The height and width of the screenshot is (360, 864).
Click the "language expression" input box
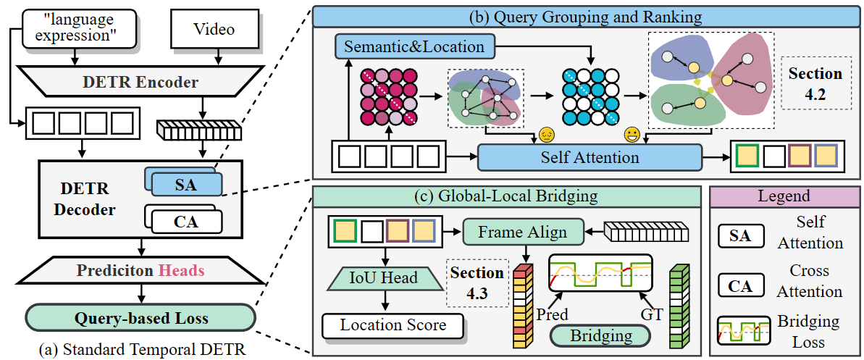click(79, 30)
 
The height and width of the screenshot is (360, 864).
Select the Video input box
click(214, 30)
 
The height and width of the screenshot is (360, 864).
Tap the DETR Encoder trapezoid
click(139, 82)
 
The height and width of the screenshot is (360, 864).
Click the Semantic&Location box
click(414, 48)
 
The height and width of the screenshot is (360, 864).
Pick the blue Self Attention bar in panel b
click(590, 156)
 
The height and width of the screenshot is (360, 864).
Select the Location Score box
click(393, 325)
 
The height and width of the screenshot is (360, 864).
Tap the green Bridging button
click(600, 335)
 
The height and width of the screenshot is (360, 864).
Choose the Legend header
click(784, 196)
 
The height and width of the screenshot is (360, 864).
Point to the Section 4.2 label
click(815, 83)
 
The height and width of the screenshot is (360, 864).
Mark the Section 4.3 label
click(477, 283)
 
